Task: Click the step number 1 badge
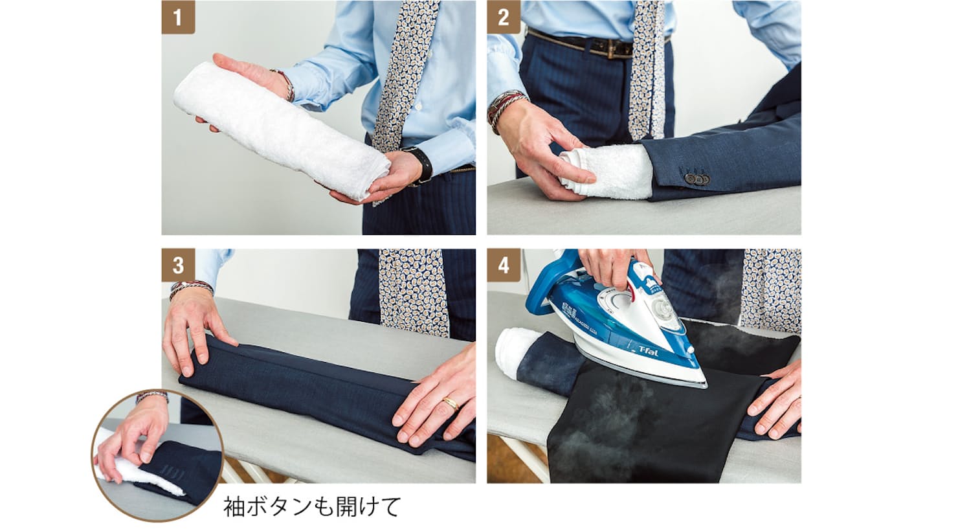178,17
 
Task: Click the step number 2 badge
504,17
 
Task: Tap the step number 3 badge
178,265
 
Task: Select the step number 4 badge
504,265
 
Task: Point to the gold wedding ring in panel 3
451,402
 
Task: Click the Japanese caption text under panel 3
312,506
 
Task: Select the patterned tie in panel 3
413,291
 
